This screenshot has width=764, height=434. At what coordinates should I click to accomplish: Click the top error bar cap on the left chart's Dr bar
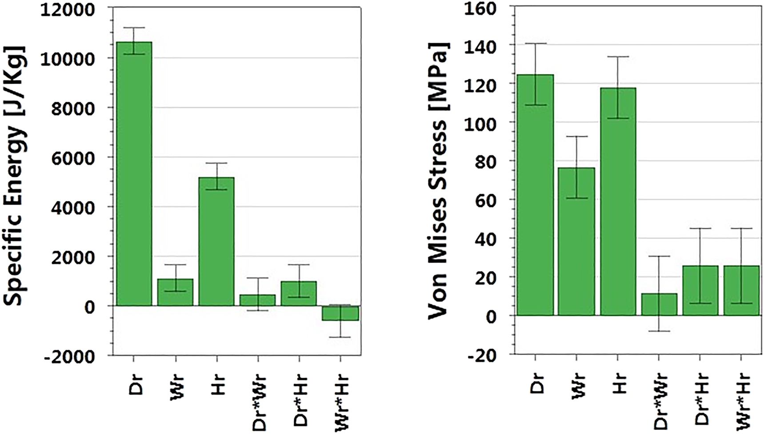134,28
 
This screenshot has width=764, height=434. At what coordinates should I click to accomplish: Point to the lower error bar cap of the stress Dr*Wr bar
659,331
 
